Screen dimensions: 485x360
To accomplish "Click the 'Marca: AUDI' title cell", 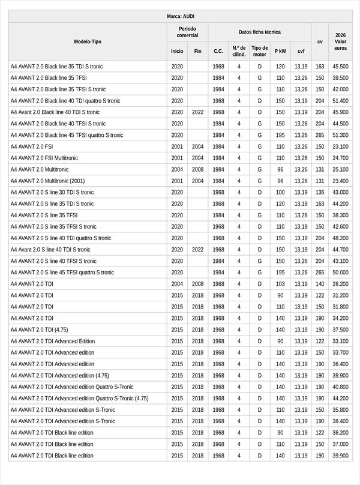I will pyautogui.click(x=180, y=16).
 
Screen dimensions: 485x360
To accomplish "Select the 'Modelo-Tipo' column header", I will pyautogui.click(x=88, y=41).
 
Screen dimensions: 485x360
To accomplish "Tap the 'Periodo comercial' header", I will pyautogui.click(x=187, y=32).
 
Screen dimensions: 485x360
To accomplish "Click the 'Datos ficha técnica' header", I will pyautogui.click(x=259, y=32).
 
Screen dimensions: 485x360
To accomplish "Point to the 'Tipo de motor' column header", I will pyautogui.click(x=260, y=51).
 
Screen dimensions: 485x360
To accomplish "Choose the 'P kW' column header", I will pyautogui.click(x=280, y=51).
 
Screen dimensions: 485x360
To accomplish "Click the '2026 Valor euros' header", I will pyautogui.click(x=340, y=41).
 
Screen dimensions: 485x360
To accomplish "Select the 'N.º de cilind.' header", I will pyautogui.click(x=239, y=51).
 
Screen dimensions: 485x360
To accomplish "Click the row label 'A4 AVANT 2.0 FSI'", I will pyautogui.click(x=32, y=146).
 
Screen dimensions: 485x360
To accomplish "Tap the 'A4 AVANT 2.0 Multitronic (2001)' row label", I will pyautogui.click(x=47, y=181).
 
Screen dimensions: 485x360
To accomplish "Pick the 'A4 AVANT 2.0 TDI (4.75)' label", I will pyautogui.click(x=39, y=330).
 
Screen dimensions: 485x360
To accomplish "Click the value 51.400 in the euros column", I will pyautogui.click(x=340, y=101).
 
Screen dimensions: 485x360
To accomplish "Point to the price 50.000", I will pyautogui.click(x=340, y=273).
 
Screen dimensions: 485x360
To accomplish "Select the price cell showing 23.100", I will pyautogui.click(x=340, y=146).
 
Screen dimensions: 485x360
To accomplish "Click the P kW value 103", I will pyautogui.click(x=280, y=284).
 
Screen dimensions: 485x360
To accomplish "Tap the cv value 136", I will pyautogui.click(x=320, y=192).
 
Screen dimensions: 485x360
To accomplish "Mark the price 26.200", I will pyautogui.click(x=340, y=284).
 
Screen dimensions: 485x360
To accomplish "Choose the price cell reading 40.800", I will pyautogui.click(x=340, y=387).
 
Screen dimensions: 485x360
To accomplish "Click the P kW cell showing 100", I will pyautogui.click(x=280, y=192).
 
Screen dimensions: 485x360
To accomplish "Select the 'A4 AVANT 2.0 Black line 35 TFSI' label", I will pyautogui.click(x=49, y=78).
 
